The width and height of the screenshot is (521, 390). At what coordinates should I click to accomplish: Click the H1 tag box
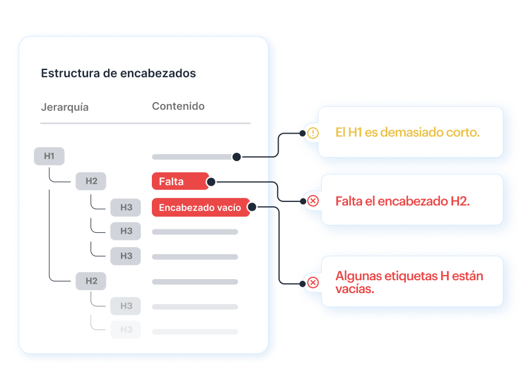(49, 156)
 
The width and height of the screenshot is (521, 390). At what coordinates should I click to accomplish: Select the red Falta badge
(180, 181)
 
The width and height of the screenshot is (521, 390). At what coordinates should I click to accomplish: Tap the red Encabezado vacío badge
(200, 207)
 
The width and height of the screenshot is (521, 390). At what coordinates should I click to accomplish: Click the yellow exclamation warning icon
(313, 133)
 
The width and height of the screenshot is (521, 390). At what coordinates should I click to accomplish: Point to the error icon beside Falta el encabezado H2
(313, 201)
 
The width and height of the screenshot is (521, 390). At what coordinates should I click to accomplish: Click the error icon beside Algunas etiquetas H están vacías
(313, 283)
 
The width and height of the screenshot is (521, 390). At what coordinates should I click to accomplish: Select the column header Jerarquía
(65, 107)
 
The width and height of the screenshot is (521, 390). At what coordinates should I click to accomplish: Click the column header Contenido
(178, 106)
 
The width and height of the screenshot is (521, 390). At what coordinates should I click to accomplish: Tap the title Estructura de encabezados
(119, 73)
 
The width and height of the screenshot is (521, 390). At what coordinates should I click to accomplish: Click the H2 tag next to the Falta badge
(91, 181)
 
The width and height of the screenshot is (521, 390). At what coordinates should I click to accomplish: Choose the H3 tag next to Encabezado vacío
(126, 207)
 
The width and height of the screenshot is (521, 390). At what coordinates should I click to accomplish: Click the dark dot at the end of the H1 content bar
(237, 157)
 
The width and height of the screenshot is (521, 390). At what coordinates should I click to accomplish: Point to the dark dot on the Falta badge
(211, 182)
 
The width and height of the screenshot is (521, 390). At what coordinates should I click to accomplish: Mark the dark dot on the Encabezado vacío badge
(252, 207)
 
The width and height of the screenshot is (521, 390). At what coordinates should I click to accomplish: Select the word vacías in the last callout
(355, 289)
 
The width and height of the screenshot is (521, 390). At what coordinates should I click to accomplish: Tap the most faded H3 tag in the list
(126, 329)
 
